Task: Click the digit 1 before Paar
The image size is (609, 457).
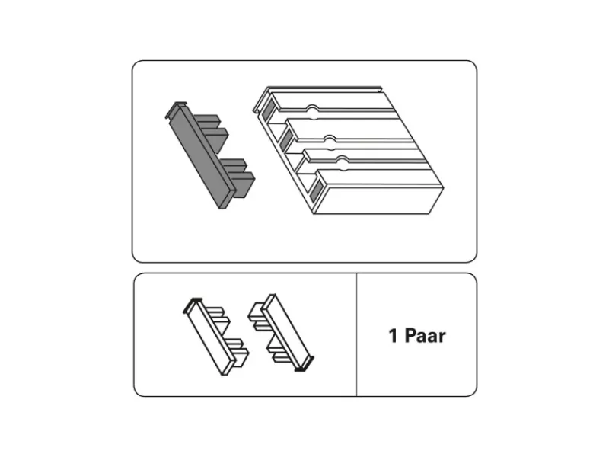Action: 394,336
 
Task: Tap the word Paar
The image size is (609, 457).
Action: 426,336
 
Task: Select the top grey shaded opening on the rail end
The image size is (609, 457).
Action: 267,110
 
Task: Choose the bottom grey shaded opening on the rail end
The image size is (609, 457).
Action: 317,190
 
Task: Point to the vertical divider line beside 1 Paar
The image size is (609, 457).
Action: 356,334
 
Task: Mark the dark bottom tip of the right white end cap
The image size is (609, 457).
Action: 304,366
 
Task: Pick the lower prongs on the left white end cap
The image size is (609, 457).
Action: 238,351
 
